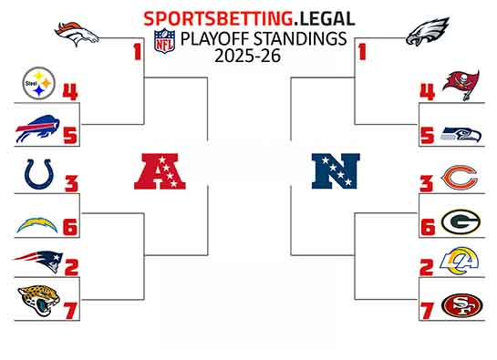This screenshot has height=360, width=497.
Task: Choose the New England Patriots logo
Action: (x=36, y=261)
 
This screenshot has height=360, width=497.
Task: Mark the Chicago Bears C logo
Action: (x=460, y=177)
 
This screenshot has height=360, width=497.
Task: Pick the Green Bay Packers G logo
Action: (x=461, y=221)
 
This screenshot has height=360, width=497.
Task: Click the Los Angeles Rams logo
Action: (x=461, y=262)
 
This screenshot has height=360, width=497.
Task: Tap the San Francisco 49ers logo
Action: (x=461, y=305)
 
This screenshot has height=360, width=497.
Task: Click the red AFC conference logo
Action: (x=160, y=170)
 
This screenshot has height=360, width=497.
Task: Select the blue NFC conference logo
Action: (x=336, y=170)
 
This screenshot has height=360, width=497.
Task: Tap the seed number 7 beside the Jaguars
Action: (x=71, y=310)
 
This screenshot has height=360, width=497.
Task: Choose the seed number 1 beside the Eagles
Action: (x=361, y=52)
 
